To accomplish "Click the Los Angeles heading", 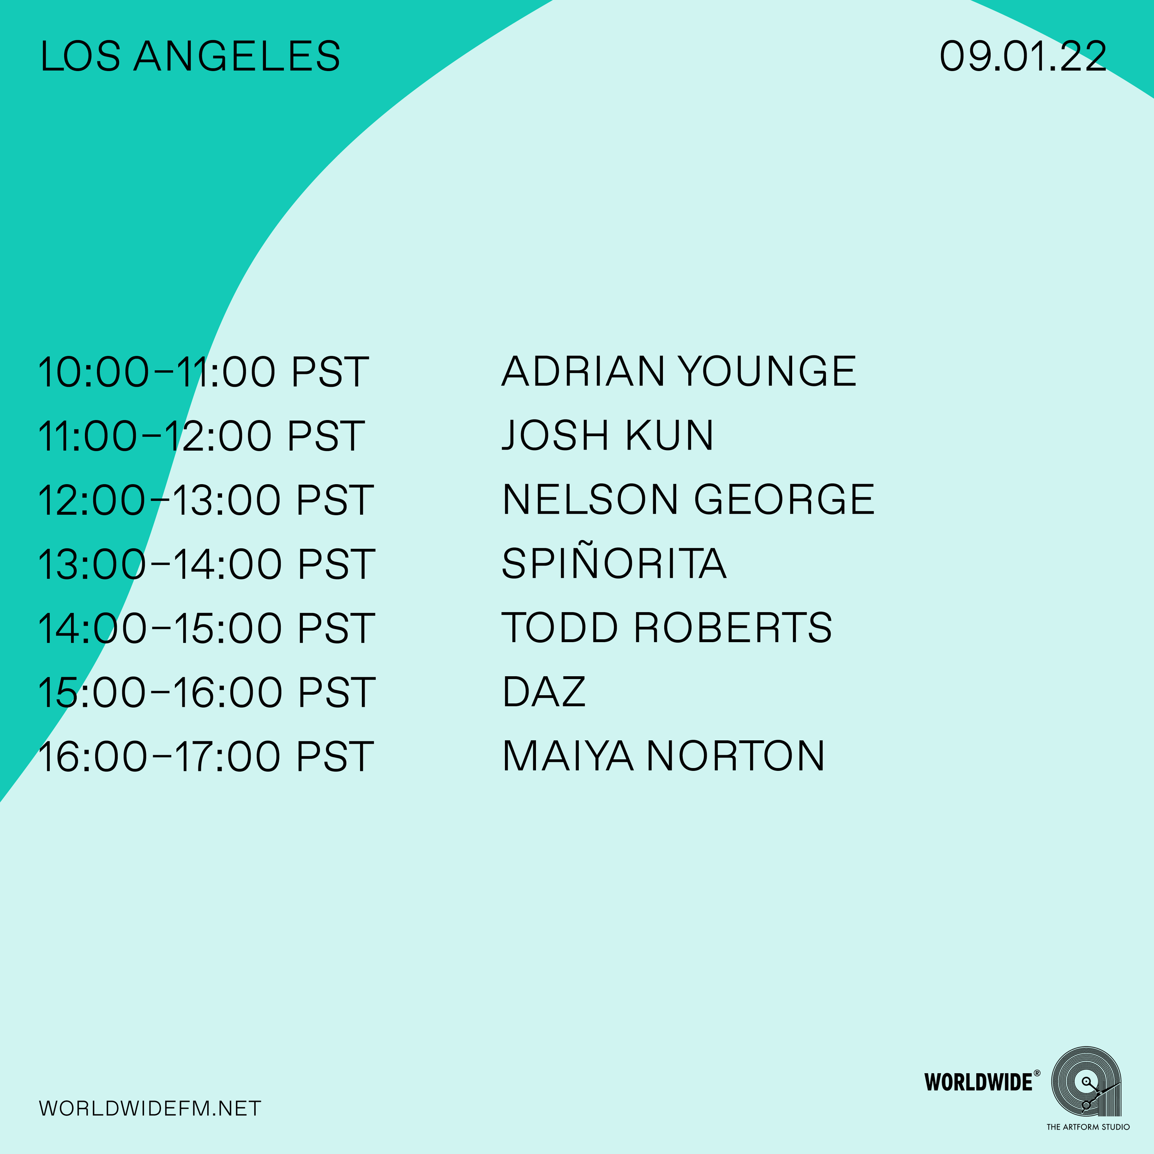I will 190,57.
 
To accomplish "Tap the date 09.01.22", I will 1022,57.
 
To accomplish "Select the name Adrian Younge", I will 679,372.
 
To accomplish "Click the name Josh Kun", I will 607,435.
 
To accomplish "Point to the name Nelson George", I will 688,499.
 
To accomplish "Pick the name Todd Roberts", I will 667,628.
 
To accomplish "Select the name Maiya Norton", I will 664,756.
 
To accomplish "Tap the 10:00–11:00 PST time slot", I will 204,372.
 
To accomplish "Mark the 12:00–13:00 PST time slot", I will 205,500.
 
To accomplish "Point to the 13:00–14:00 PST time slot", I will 206,564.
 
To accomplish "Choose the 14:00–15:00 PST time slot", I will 206,628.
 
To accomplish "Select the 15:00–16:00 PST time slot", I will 206,692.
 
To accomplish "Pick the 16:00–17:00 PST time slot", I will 205,757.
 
